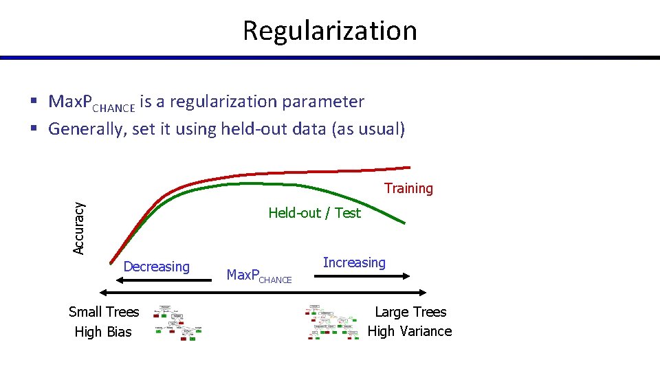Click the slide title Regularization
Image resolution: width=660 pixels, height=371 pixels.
(329, 30)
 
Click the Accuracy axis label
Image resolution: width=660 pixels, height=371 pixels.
(79, 227)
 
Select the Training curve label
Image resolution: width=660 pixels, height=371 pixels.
(408, 188)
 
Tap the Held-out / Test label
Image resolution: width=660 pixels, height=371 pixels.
(314, 213)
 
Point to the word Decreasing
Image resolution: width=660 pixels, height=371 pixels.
(156, 267)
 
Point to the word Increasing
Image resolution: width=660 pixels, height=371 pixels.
(354, 262)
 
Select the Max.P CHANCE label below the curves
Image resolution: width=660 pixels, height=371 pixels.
(259, 276)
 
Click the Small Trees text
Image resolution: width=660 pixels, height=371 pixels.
(104, 312)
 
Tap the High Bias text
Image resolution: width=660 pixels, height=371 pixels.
(103, 332)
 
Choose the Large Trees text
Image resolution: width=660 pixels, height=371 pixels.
(410, 312)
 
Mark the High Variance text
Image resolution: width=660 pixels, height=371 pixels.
(410, 331)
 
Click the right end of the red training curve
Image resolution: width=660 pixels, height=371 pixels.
(408, 167)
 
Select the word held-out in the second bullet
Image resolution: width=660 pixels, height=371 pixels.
(254, 128)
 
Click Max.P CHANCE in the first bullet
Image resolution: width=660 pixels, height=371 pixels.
(91, 103)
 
